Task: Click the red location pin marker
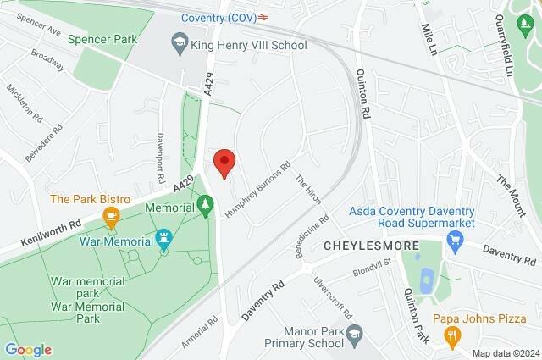[224, 162]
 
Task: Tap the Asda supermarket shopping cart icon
[456, 241]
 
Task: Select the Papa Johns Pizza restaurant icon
[454, 336]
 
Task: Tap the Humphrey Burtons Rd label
[257, 189]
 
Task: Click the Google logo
[28, 350]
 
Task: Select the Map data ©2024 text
[505, 353]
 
